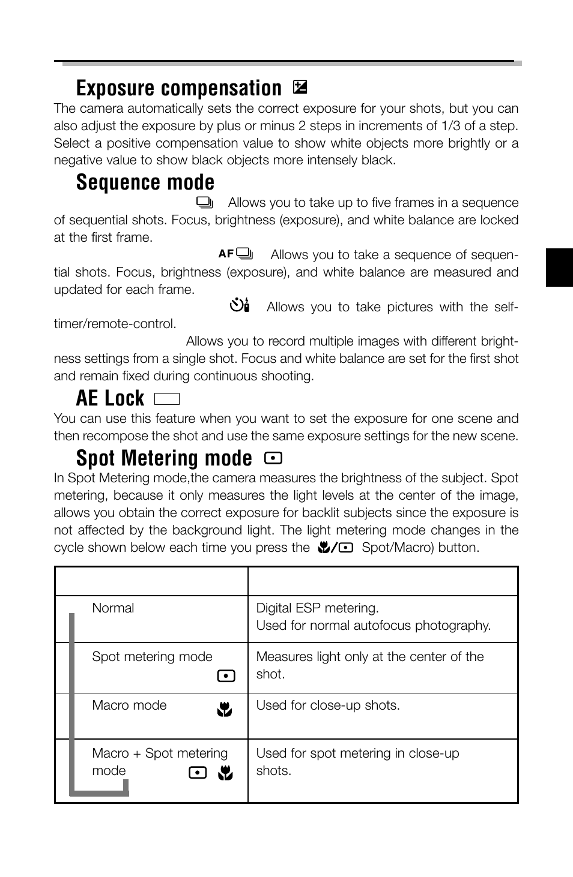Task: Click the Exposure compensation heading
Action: [x=178, y=89]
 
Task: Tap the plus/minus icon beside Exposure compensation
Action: [x=300, y=88]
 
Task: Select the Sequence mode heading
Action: [x=145, y=182]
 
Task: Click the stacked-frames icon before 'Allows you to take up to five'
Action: [x=206, y=202]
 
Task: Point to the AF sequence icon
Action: [x=235, y=254]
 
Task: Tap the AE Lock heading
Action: [x=111, y=398]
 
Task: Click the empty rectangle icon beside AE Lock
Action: [x=167, y=400]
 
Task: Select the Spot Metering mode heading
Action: [x=164, y=458]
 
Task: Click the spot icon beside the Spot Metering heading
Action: [x=273, y=459]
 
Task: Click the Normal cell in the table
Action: [x=114, y=608]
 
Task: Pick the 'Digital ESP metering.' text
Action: [x=317, y=608]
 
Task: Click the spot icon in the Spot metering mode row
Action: [x=226, y=676]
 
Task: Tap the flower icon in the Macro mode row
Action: [x=225, y=710]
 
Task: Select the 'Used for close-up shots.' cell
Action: [x=327, y=705]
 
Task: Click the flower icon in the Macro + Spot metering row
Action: [x=225, y=773]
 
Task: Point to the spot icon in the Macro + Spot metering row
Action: [x=198, y=773]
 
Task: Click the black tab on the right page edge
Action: [x=559, y=267]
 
